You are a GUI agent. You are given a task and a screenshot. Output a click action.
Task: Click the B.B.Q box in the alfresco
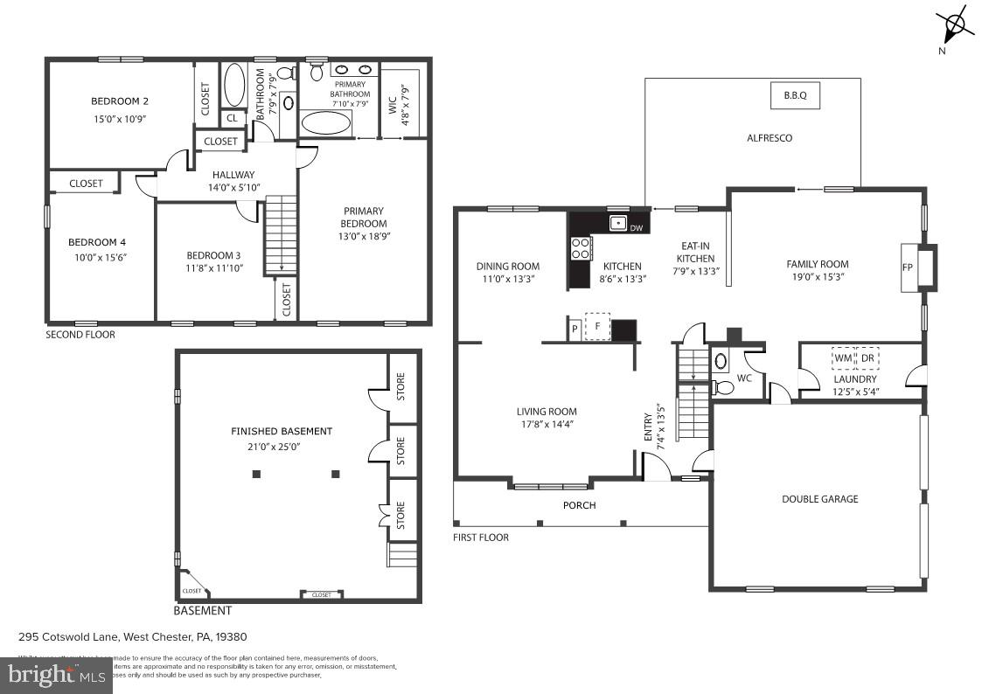tap(794, 95)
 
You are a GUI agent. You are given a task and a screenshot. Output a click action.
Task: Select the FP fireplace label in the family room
tap(907, 266)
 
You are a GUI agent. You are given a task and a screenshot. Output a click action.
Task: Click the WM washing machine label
tap(842, 358)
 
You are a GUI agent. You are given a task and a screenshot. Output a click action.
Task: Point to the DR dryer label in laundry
tap(867, 358)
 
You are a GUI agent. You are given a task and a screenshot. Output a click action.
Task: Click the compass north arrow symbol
tap(955, 24)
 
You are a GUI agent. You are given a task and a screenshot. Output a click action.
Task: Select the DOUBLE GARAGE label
tap(819, 499)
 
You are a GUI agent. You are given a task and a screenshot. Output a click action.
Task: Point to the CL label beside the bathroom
tap(232, 118)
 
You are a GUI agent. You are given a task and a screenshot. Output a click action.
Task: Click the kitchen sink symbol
tap(618, 223)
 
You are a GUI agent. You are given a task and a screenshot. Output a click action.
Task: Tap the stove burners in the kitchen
tap(580, 248)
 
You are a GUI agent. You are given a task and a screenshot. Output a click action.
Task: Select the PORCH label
tap(579, 505)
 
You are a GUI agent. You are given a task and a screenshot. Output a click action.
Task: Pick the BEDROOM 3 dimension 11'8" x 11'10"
tap(214, 268)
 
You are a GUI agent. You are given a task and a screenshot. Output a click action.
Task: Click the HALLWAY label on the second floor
tap(233, 175)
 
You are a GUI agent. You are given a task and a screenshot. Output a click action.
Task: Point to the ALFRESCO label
tap(770, 138)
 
